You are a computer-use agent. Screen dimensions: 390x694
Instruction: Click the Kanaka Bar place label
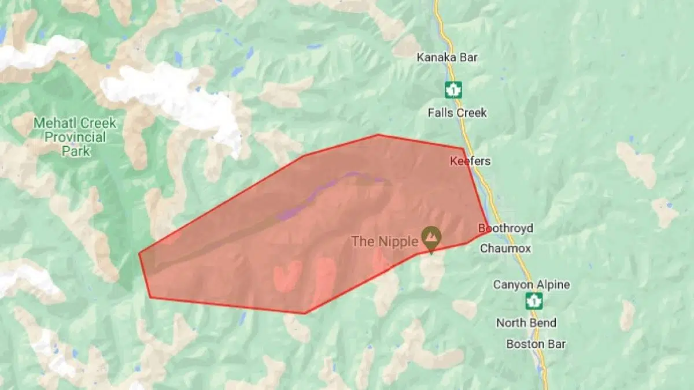click(x=448, y=57)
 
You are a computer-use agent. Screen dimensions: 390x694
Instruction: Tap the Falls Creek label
click(x=457, y=113)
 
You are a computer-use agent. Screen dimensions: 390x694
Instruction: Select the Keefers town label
click(x=470, y=161)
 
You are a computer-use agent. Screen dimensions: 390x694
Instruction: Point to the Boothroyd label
click(x=505, y=229)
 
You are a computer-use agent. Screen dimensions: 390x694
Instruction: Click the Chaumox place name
click(x=505, y=248)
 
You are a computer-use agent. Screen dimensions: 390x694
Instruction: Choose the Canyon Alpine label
click(x=531, y=285)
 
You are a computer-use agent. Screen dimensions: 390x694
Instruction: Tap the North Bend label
click(x=526, y=323)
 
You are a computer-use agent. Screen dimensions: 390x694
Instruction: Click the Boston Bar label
click(x=536, y=344)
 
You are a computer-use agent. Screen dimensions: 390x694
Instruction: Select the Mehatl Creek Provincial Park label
click(x=75, y=137)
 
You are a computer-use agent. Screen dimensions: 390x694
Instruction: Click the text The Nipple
click(x=384, y=242)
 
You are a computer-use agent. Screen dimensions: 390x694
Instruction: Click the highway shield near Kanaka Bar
click(x=453, y=90)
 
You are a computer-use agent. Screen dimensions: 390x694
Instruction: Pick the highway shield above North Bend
click(x=534, y=301)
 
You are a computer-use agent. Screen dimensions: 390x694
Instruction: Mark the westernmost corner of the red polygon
click(x=139, y=253)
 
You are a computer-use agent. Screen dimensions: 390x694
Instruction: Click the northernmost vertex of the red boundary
click(x=378, y=135)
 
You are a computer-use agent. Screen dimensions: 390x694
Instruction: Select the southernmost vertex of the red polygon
click(x=305, y=313)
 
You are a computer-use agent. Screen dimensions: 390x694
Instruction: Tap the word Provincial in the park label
click(x=75, y=137)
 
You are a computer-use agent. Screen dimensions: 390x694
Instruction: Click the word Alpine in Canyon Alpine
click(x=551, y=285)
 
